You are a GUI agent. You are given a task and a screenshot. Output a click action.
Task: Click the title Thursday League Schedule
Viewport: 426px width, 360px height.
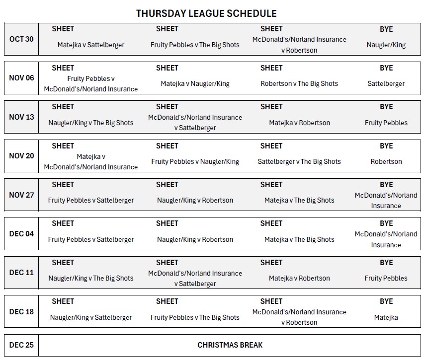[x=206, y=13]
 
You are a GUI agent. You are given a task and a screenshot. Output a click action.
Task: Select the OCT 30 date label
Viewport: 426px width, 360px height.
[x=21, y=39]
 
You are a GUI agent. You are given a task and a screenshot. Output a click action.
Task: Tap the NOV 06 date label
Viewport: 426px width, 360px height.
[x=21, y=78]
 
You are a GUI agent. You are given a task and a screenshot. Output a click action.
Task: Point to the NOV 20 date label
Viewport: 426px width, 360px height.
[x=21, y=156]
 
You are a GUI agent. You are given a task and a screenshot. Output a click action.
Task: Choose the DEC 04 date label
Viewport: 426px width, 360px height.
[x=21, y=234]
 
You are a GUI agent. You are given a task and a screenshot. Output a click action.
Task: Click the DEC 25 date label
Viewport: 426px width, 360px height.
[x=21, y=345]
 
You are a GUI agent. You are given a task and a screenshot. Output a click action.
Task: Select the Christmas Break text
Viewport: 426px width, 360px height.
[x=230, y=345]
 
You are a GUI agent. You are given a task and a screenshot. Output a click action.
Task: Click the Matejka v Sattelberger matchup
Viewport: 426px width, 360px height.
[x=90, y=45]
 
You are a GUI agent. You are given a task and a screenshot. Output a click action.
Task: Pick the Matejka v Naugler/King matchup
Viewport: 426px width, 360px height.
[x=195, y=84]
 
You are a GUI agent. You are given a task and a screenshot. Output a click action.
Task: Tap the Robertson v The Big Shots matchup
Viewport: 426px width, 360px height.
[x=299, y=84]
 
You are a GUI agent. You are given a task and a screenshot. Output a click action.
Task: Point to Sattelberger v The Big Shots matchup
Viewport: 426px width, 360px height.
[x=299, y=161]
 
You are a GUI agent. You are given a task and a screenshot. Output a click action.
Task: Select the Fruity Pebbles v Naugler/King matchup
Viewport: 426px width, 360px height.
[x=195, y=161]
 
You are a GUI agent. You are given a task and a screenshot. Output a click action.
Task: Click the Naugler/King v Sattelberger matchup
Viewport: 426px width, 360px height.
[x=90, y=317]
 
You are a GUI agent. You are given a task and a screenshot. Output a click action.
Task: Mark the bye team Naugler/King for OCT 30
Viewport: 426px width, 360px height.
[x=386, y=45]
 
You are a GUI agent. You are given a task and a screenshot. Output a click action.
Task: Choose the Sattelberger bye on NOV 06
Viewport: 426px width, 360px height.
[x=386, y=84]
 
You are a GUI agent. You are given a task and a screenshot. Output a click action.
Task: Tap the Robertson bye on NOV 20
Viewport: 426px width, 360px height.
[x=386, y=161]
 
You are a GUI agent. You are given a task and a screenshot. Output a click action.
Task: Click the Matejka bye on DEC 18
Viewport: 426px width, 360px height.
[x=386, y=317]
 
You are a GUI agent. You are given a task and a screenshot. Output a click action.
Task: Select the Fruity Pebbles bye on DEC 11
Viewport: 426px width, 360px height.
[x=386, y=278]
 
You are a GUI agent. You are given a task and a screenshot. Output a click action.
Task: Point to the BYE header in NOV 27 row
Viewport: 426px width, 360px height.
[x=386, y=185]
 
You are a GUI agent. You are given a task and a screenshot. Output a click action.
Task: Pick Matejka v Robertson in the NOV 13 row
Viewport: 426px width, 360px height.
[x=299, y=123]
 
